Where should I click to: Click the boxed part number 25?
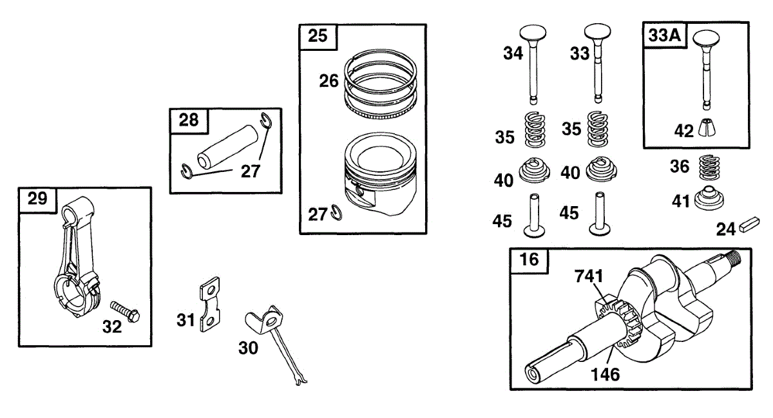tap(318, 37)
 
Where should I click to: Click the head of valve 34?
tap(535, 32)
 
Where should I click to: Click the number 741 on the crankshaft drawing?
tap(589, 276)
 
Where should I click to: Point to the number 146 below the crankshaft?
tap(605, 374)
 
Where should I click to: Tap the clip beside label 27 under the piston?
tap(336, 211)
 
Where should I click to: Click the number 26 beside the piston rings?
tap(329, 81)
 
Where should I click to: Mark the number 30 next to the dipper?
tap(248, 348)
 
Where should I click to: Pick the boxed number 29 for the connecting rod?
tap(37, 199)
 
